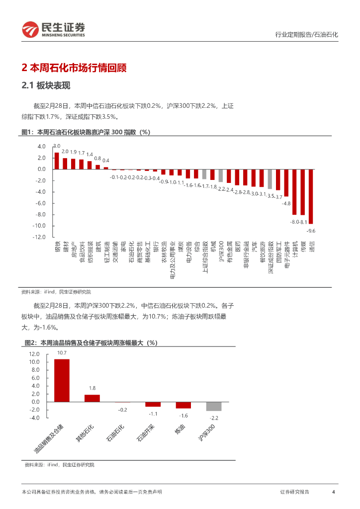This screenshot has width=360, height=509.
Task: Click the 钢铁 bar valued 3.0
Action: pos(57,161)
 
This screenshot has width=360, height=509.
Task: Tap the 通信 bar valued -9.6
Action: pos(311,196)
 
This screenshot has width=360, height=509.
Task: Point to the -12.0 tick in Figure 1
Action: pos(39,237)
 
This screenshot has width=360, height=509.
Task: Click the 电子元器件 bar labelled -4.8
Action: pos(286,183)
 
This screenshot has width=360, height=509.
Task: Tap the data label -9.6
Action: pos(311,231)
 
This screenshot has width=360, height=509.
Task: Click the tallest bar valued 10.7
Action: pos(62,380)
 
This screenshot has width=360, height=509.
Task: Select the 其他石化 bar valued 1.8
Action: pos(92,398)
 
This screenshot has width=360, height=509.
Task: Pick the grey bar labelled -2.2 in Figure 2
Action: pos(214,406)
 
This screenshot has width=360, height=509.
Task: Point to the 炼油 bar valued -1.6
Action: pos(183,405)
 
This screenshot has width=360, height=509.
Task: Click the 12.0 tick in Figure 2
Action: pos(34,354)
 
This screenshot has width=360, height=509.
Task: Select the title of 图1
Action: pos(86,132)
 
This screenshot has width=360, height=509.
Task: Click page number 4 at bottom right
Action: pos(333,492)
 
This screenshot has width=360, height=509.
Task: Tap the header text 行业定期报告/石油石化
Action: pos(306,35)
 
